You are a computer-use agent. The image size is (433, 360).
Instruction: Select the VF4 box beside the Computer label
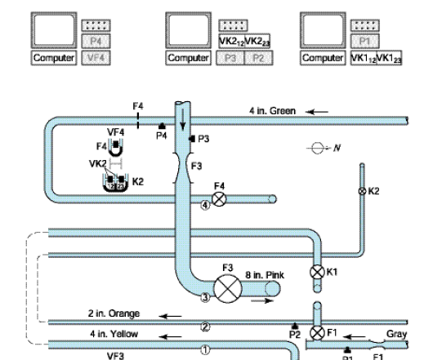(94, 58)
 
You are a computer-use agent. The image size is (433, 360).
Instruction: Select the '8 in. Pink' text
(261, 278)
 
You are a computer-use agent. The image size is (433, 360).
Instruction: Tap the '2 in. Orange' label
(114, 313)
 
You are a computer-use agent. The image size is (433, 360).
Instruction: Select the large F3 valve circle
(225, 287)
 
